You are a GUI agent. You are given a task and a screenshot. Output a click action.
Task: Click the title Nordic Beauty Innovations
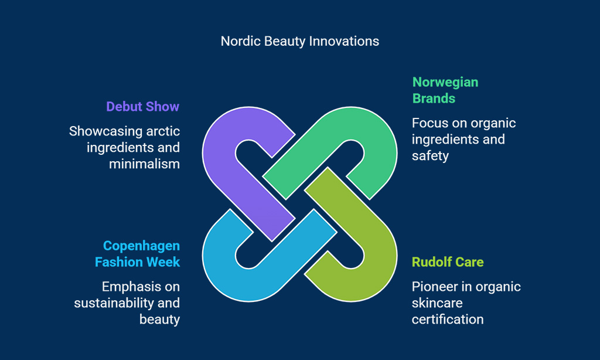pos(299,41)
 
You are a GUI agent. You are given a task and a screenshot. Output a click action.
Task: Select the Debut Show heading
pos(143,107)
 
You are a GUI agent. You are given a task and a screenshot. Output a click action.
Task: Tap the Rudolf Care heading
pos(448,262)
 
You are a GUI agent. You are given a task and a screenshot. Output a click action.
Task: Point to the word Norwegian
pos(445,82)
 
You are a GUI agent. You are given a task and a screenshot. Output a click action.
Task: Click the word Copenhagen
pos(142,246)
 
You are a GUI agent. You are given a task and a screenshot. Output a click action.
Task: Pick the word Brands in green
pos(434,99)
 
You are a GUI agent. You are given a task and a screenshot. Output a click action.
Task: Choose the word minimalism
pos(144,164)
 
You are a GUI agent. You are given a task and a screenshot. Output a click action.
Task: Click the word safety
pos(430,156)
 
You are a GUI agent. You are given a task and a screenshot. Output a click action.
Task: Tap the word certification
pos(448,320)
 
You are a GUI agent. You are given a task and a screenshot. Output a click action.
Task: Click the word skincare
pos(437,303)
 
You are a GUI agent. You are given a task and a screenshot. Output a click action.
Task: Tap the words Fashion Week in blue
pos(137,262)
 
